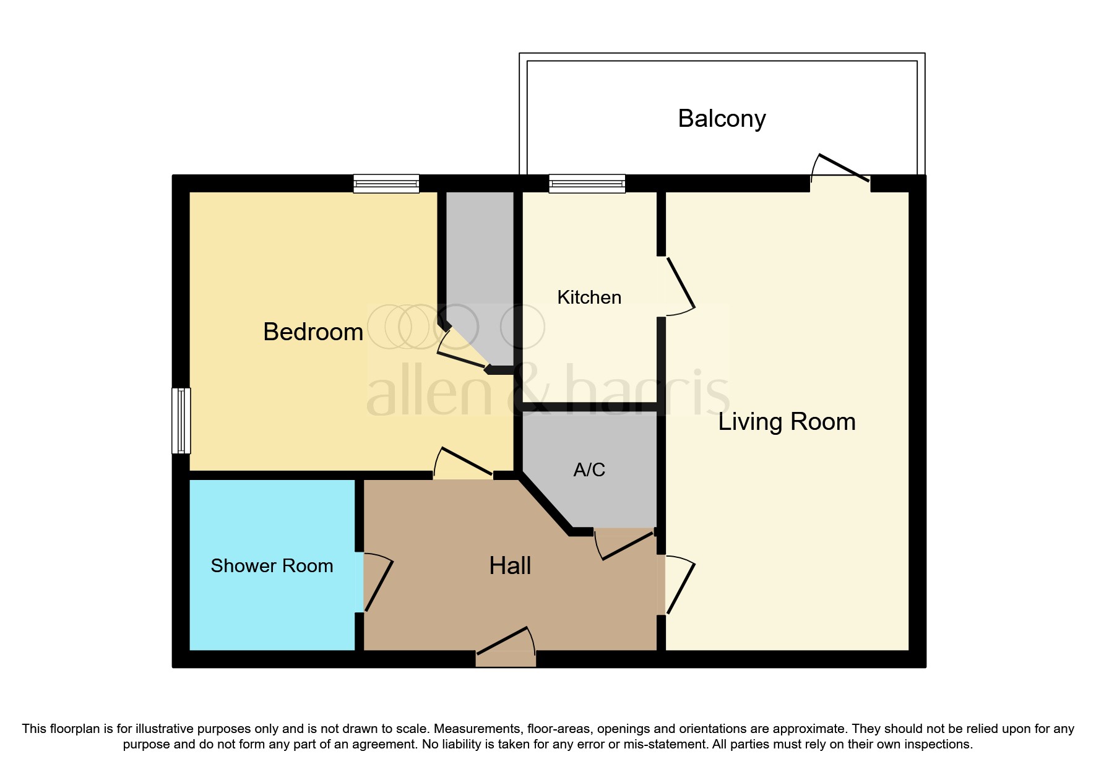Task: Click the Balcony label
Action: coord(722,118)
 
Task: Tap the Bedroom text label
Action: coord(313,332)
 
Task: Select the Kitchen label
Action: coord(589,298)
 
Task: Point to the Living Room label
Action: coord(787,422)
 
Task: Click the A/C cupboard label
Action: coord(589,470)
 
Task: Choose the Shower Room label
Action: coord(272,566)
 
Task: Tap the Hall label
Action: coord(510,566)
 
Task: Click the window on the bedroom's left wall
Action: coord(181,421)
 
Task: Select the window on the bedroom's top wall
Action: coord(386,184)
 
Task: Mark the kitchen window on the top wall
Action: coord(587,184)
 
